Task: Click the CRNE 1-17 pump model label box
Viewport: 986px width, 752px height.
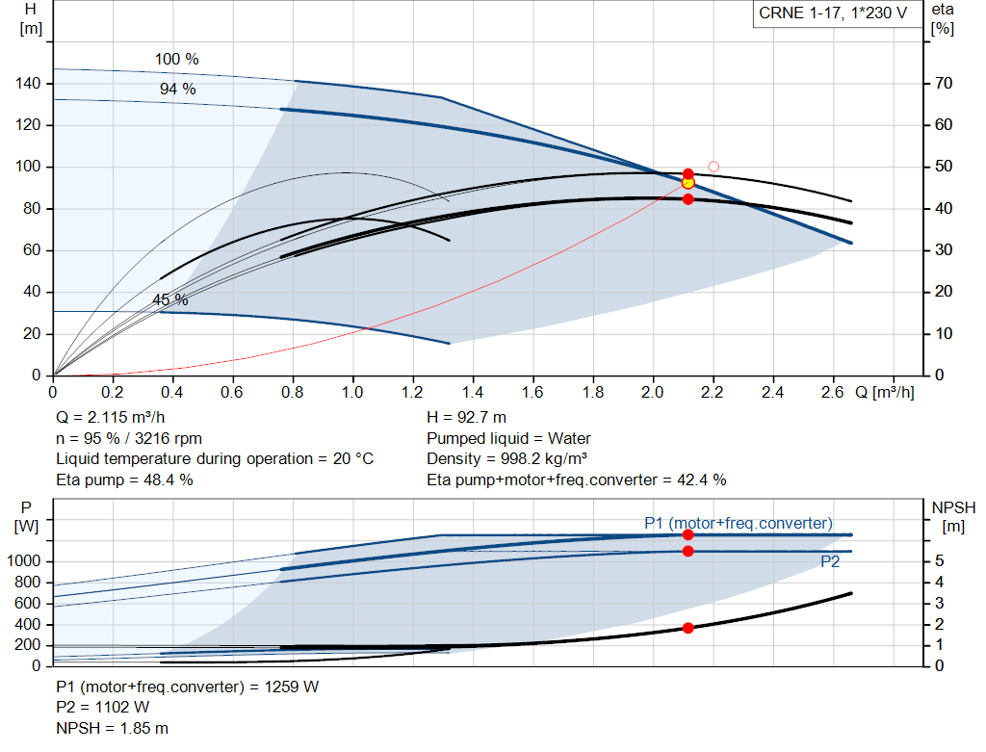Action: [x=833, y=13]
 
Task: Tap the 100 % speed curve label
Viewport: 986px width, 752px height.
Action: [x=177, y=59]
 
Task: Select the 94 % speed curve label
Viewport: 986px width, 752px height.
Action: [x=178, y=89]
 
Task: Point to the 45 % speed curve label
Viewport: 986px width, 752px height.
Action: [x=169, y=299]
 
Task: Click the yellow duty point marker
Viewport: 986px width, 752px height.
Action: [x=688, y=183]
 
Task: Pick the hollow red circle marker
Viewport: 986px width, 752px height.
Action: [x=714, y=167]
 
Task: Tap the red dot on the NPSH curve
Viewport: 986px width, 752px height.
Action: [x=688, y=628]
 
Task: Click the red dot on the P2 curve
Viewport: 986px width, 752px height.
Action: [x=688, y=552]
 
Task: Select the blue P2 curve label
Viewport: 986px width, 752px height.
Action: [x=830, y=561]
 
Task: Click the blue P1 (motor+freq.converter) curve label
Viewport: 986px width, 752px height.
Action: [x=739, y=523]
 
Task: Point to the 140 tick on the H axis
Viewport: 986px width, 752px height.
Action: [x=28, y=83]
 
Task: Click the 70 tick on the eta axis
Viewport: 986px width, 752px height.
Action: [x=944, y=83]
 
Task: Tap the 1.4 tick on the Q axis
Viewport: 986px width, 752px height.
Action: [x=472, y=392]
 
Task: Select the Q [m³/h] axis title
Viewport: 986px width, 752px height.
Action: [x=884, y=392]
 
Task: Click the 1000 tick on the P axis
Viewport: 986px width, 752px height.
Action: [x=24, y=560]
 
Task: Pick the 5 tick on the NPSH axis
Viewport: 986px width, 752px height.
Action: [x=939, y=560]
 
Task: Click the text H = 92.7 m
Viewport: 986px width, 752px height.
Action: [x=466, y=418]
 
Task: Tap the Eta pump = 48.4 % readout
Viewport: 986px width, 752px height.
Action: [x=124, y=480]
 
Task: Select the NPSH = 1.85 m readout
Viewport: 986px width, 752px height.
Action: [x=112, y=728]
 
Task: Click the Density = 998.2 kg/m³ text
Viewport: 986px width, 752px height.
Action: [x=506, y=459]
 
